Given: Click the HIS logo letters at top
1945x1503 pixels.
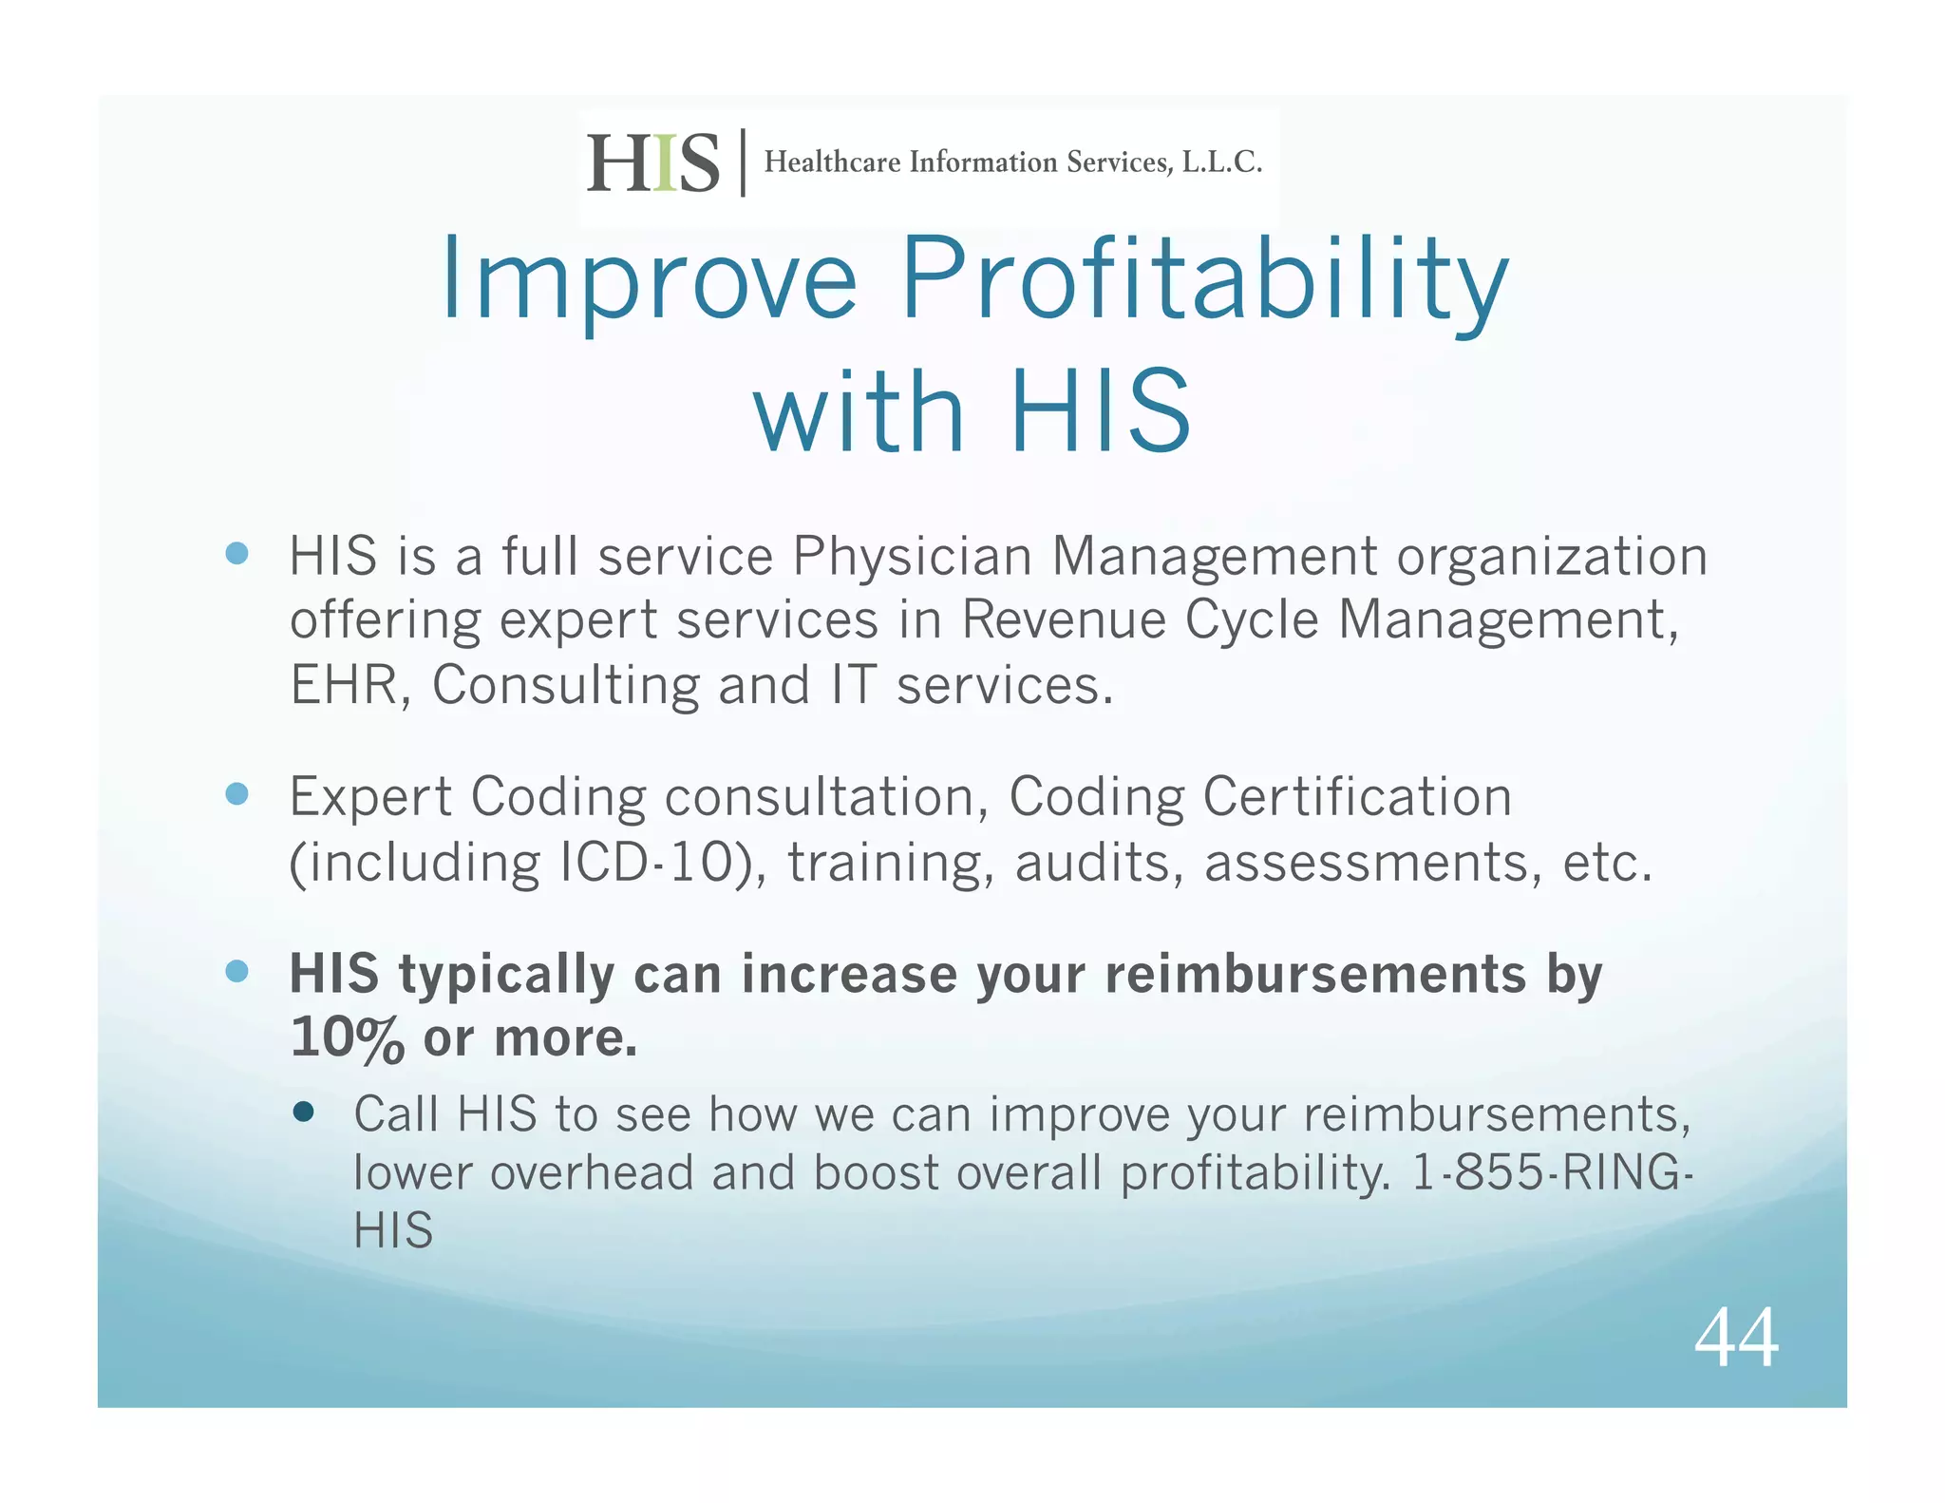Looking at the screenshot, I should pyautogui.click(x=652, y=162).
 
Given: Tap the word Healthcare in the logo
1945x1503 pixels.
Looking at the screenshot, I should pyautogui.click(x=832, y=162).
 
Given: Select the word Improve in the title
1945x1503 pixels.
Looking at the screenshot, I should pyautogui.click(x=649, y=279).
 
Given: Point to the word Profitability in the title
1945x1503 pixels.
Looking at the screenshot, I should pyautogui.click(x=1203, y=279).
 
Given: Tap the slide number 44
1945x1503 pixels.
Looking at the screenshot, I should pyautogui.click(x=1735, y=1338).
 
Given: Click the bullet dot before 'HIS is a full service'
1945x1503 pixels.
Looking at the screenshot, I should pyautogui.click(x=237, y=553).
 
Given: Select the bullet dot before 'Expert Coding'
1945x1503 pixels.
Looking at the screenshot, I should pyautogui.click(x=237, y=793).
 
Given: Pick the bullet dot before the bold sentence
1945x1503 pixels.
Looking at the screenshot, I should pyautogui.click(x=237, y=971).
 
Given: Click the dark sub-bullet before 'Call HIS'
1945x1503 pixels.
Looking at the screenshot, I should pyautogui.click(x=304, y=1112).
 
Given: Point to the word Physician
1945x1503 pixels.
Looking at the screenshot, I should pyautogui.click(x=912, y=557).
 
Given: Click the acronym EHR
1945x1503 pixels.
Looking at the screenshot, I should pyautogui.click(x=345, y=685).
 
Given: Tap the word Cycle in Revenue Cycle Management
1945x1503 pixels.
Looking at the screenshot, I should pyautogui.click(x=1252, y=620).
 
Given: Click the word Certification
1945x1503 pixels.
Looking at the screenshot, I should pyautogui.click(x=1356, y=797).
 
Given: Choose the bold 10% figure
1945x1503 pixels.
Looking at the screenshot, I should pyautogui.click(x=348, y=1037).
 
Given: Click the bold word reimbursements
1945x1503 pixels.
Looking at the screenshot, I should pyautogui.click(x=1315, y=975).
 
